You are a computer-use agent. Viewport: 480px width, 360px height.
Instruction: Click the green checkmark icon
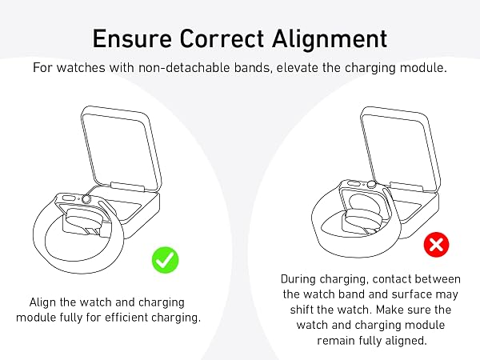(165, 259)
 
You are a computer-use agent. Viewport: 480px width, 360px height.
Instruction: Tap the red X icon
(436, 245)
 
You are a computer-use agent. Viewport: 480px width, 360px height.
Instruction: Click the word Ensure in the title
(132, 38)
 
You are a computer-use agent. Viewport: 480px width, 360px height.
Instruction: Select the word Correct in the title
(222, 38)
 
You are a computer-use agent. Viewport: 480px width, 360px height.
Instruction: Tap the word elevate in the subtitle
(298, 67)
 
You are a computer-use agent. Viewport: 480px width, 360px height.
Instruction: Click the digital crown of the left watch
(86, 199)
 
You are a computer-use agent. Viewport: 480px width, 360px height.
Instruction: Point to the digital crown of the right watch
(371, 184)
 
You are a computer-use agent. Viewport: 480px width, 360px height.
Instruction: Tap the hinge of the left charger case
(127, 186)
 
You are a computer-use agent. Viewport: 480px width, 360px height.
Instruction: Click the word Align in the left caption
(42, 302)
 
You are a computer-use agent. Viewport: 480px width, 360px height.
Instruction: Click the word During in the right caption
(298, 279)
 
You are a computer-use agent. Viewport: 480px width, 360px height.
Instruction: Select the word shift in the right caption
(302, 310)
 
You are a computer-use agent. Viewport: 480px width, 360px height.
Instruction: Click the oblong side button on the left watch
(69, 198)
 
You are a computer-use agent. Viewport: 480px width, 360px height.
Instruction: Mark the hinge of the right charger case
(406, 187)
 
